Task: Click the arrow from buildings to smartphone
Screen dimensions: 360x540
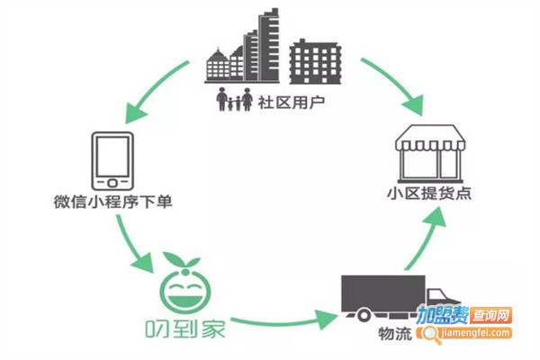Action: point(153,91)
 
